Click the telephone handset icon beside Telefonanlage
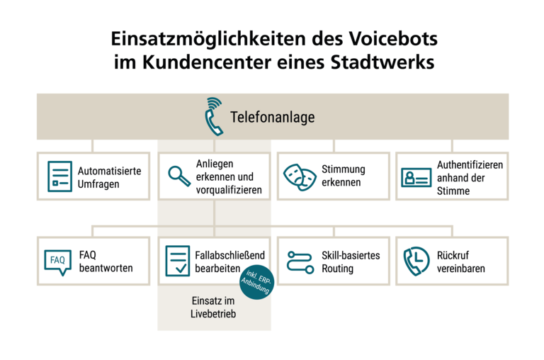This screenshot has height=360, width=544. pos(213,116)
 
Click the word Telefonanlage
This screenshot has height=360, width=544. pos(272,118)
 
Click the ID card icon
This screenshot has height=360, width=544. pos(416,177)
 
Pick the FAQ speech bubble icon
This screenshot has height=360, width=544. pos(57,261)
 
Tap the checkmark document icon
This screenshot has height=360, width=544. pos(176,261)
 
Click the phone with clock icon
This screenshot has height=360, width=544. pos(416,261)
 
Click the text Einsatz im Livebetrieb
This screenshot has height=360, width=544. pos(213,307)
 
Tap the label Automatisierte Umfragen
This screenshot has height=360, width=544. pos(109,177)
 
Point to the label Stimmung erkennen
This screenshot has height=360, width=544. pos(344,176)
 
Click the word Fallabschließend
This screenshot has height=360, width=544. pos(230,255)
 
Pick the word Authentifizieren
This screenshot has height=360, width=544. pos(470,164)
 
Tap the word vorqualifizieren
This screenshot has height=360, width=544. pos(229,190)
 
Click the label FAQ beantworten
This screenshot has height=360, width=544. pos(106,261)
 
